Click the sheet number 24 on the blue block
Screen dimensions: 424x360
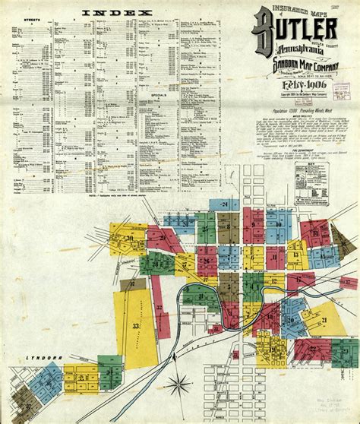pos(225,204)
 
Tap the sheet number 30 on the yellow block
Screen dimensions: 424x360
pos(130,239)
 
